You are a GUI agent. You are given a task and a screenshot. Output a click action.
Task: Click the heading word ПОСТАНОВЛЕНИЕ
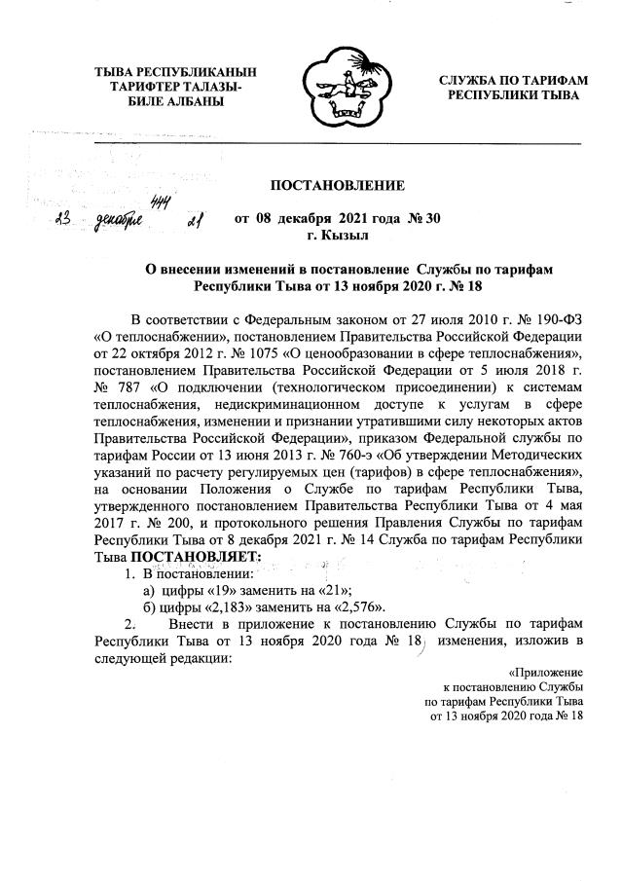[337, 184]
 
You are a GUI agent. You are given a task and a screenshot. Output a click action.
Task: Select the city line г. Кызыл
[337, 235]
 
